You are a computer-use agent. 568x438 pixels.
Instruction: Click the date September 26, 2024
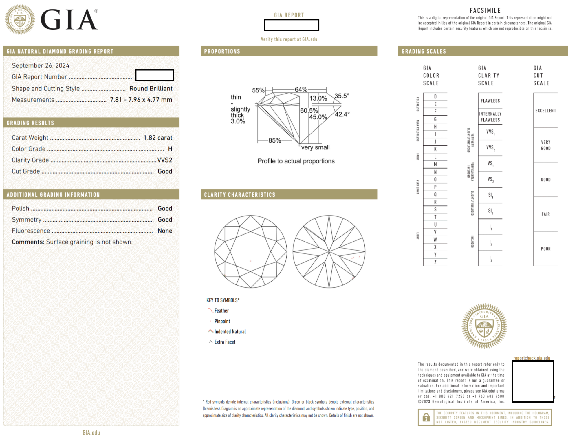click(x=41, y=66)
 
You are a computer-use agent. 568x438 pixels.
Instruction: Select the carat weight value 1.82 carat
click(x=158, y=138)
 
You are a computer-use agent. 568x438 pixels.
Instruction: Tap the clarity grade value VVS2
click(x=164, y=160)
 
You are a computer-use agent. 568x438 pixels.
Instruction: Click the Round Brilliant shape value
click(x=151, y=88)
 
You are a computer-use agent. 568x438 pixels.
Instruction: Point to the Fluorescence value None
click(x=165, y=231)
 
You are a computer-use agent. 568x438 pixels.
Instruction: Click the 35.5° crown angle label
click(x=342, y=96)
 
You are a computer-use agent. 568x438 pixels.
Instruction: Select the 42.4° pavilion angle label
click(x=342, y=114)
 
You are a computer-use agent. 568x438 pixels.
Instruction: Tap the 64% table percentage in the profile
click(x=301, y=90)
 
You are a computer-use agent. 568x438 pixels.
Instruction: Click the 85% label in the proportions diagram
click(x=274, y=140)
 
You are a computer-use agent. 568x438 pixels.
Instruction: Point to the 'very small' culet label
click(x=315, y=147)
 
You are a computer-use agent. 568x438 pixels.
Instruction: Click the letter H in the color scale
click(x=435, y=127)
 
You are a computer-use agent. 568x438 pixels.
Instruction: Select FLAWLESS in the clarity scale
click(x=490, y=101)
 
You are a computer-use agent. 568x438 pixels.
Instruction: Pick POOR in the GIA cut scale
click(x=545, y=249)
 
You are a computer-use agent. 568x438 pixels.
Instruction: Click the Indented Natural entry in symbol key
click(x=230, y=332)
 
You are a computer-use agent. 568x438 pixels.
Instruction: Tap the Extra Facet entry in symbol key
click(x=225, y=342)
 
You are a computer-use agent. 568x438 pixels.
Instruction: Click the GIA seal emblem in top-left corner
click(x=20, y=20)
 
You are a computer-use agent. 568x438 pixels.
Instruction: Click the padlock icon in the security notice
click(x=426, y=417)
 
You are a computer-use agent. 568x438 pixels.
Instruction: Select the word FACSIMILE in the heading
click(x=485, y=11)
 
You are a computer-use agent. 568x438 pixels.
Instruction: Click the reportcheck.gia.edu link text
click(x=532, y=358)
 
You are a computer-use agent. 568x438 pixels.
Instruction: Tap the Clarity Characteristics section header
click(x=240, y=195)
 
